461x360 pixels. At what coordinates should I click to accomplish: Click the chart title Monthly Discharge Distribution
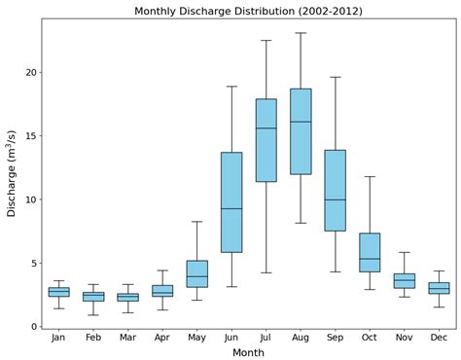tap(248, 11)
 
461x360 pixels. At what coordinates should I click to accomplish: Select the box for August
tap(301, 131)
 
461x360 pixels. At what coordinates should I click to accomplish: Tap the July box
tap(266, 140)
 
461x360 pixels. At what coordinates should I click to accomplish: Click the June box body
tap(231, 202)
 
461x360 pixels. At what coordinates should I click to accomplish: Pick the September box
tap(335, 191)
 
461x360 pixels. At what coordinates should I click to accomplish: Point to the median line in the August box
tap(301, 122)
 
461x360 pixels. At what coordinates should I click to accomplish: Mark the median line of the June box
tap(231, 209)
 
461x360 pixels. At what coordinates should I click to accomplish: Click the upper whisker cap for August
tap(301, 33)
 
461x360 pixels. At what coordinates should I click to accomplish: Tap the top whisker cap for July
tap(266, 41)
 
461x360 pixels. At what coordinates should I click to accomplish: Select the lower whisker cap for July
tap(266, 272)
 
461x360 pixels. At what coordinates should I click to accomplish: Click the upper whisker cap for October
tap(370, 176)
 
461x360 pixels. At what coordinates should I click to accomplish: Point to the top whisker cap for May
tap(196, 222)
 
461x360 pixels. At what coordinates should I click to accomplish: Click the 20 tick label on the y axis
tap(30, 73)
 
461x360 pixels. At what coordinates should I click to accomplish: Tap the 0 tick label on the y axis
tap(33, 327)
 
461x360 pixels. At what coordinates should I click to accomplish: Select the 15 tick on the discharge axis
tap(30, 136)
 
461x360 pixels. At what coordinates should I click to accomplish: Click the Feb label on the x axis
tap(93, 338)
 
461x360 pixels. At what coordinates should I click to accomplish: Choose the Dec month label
tap(439, 338)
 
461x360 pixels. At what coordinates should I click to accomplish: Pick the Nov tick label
tap(404, 338)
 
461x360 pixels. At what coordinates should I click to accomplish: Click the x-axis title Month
tap(248, 352)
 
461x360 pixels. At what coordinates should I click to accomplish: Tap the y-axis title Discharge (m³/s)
tap(12, 173)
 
